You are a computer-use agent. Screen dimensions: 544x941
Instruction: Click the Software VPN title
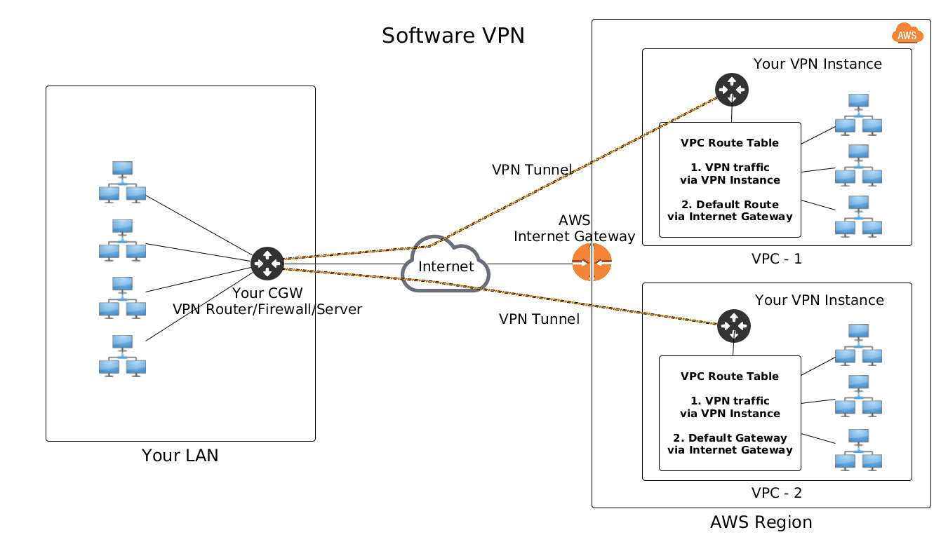[x=453, y=36]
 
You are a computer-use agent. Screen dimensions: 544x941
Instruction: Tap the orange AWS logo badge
[x=907, y=33]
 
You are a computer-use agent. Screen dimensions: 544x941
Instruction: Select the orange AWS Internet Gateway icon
[x=592, y=263]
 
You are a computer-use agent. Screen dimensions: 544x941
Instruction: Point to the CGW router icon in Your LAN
[x=267, y=264]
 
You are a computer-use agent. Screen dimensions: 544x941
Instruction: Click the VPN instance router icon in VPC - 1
[x=732, y=89]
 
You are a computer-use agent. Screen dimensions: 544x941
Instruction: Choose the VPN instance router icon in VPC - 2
[x=734, y=325]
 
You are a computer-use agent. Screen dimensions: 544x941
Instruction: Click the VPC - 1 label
[x=776, y=258]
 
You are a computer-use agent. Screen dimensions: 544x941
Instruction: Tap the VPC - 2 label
[x=776, y=492]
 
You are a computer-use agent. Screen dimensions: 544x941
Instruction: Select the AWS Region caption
[x=761, y=522]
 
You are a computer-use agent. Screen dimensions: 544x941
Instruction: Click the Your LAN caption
[x=180, y=456]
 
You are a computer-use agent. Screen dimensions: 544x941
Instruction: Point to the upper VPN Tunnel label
[x=532, y=169]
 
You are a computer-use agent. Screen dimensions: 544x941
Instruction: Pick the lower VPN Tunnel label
[x=539, y=319]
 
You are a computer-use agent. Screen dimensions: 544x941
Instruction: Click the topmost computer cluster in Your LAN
[x=122, y=182]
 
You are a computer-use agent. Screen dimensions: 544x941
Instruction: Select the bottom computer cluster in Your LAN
[x=122, y=355]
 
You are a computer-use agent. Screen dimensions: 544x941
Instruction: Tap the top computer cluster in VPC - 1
[x=858, y=114]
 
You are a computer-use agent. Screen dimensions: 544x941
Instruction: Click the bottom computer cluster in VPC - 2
[x=858, y=449]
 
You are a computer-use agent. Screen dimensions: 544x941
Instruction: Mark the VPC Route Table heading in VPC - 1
[x=730, y=143]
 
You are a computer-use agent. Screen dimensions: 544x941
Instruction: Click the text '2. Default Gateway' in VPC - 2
[x=730, y=438]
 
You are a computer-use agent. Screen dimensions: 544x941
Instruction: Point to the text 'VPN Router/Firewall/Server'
[x=267, y=308]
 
